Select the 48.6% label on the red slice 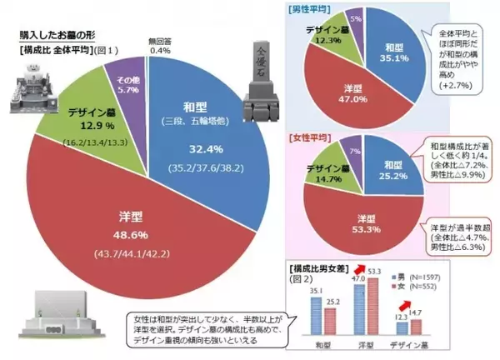120,234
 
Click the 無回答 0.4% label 160,47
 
